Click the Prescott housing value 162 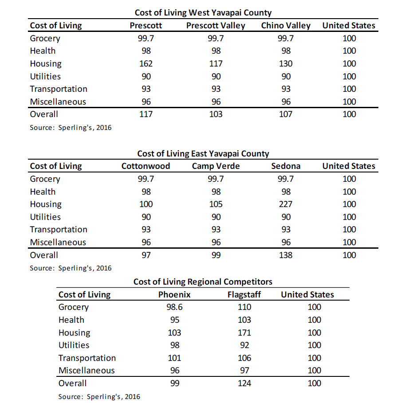(146, 63)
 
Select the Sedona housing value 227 (286, 204)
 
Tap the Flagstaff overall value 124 (244, 383)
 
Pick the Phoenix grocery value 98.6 (174, 307)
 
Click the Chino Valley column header (286, 25)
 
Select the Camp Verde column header (216, 166)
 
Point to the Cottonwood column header (145, 166)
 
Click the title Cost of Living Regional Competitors (203, 282)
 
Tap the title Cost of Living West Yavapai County (203, 12)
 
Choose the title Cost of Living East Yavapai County (203, 153)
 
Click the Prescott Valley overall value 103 (216, 114)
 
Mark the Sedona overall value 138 (286, 255)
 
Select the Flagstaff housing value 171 (244, 333)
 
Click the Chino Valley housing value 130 (286, 63)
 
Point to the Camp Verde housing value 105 (216, 204)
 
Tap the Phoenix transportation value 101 (174, 358)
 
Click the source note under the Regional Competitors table (99, 397)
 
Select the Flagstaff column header (244, 294)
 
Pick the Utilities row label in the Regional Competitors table (74, 345)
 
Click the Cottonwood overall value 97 (146, 255)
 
